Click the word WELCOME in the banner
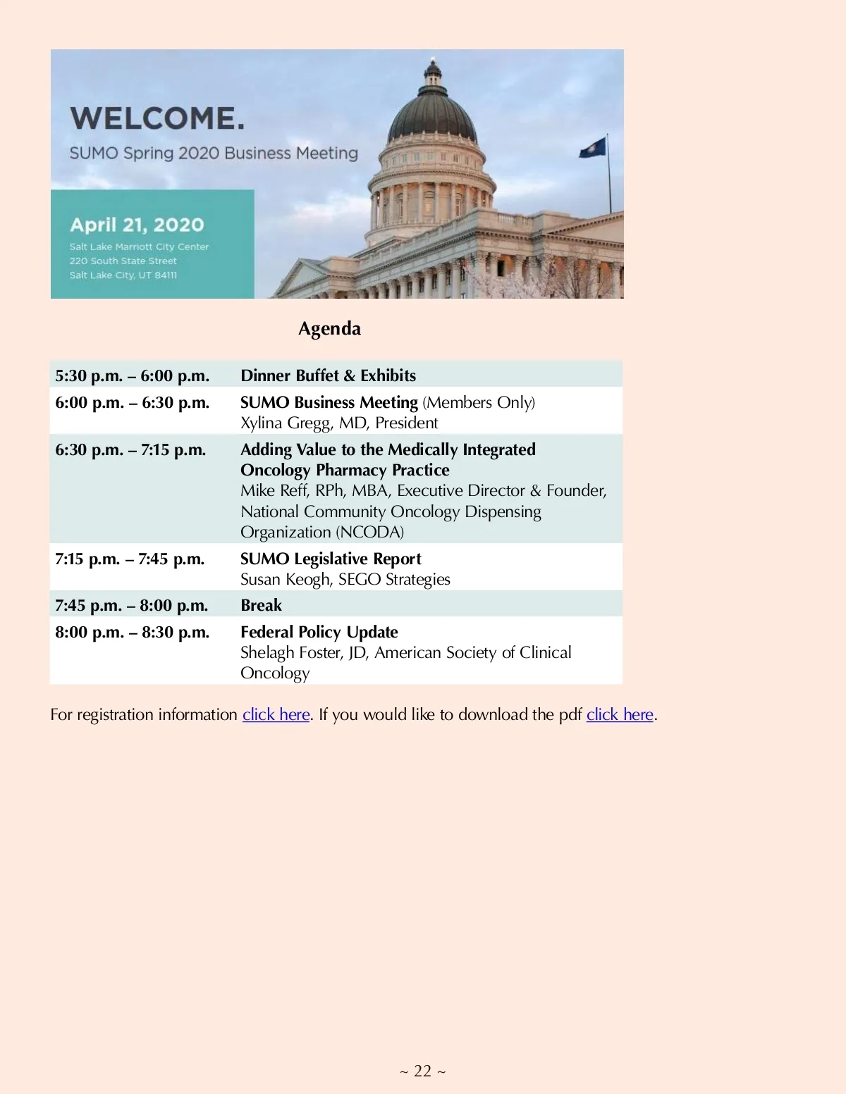(157, 118)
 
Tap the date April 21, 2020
(137, 225)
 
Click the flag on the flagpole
(592, 147)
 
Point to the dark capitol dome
(432, 113)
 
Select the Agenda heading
(329, 329)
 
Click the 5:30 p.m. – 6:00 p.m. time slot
(132, 375)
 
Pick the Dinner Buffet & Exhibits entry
(328, 375)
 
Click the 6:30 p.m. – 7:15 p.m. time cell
(130, 449)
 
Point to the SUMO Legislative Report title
(331, 559)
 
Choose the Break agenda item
(261, 605)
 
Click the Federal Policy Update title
(319, 632)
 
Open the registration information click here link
(276, 714)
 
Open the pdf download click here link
(620, 714)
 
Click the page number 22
(422, 1071)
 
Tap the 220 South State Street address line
(123, 261)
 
